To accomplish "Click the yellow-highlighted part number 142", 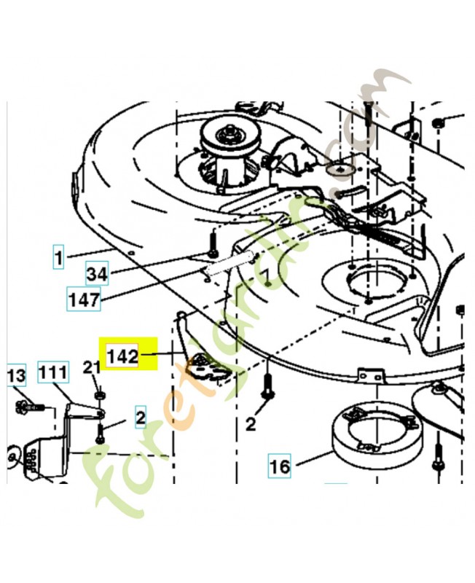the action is [x=122, y=356].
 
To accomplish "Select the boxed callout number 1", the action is [x=58, y=257].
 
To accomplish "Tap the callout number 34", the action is [x=97, y=274].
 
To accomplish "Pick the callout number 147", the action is [x=84, y=299].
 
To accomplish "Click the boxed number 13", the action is [x=17, y=375].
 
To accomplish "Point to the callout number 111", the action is [x=53, y=372].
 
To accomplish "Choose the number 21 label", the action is [x=92, y=368].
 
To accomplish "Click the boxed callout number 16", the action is [x=280, y=466].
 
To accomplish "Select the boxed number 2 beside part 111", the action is [x=141, y=418].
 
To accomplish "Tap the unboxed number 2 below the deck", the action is [x=251, y=423].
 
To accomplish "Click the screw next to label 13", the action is [x=30, y=407].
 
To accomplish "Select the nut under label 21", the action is [x=99, y=394].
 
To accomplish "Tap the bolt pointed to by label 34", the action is [x=213, y=246].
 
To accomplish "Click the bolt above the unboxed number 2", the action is [x=267, y=386].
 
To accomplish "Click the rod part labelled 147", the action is [x=229, y=262].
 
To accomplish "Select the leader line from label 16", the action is [x=313, y=458].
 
